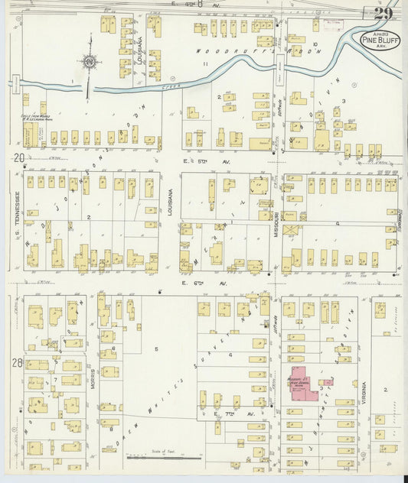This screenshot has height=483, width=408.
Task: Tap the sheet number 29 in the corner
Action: pyautogui.click(x=384, y=13)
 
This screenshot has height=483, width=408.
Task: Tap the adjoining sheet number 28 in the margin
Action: pyautogui.click(x=16, y=362)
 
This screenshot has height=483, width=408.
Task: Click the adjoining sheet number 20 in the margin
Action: pyautogui.click(x=17, y=157)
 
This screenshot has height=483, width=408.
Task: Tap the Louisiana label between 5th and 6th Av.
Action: pyautogui.click(x=171, y=200)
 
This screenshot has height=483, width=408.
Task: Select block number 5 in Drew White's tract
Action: pyautogui.click(x=157, y=349)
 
